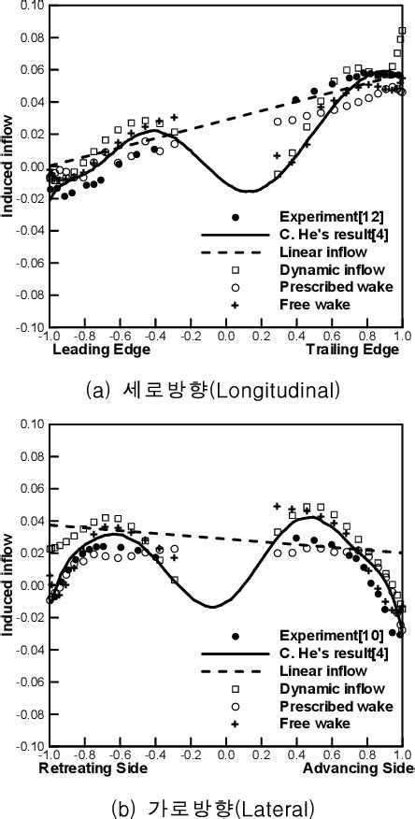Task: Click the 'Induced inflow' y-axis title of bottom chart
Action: point(7,585)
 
